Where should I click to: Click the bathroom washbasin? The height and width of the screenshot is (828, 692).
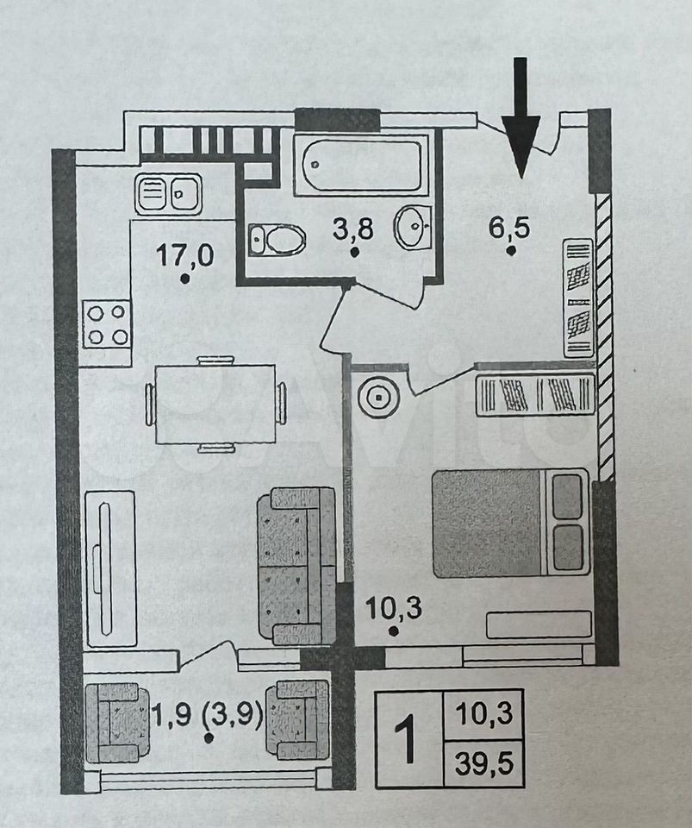413,227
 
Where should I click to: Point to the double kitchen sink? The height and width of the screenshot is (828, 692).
168,193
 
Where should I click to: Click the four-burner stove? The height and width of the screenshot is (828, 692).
107,323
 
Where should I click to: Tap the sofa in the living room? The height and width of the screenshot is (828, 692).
297,565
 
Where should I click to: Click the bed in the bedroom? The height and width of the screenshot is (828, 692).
509,523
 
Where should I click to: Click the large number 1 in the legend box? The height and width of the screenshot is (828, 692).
406,739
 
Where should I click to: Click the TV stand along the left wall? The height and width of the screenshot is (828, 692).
111,568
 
